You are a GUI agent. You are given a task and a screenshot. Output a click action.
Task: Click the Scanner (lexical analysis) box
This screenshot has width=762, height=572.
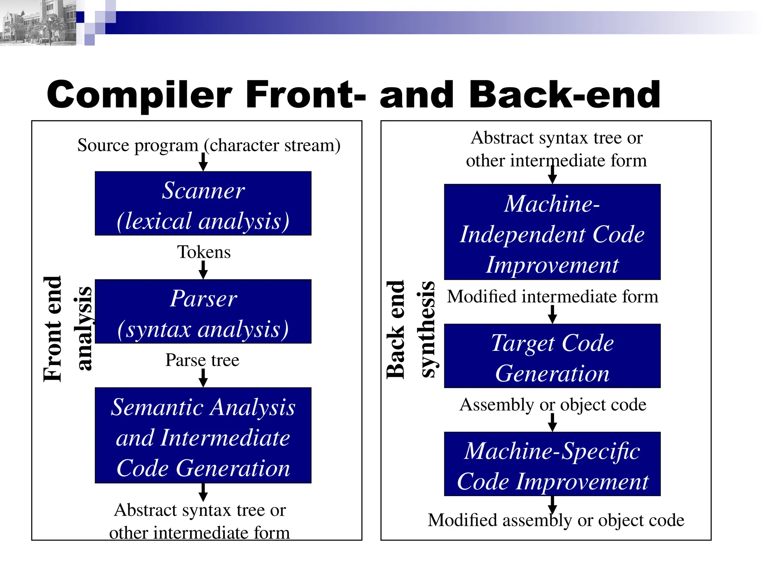click(203, 204)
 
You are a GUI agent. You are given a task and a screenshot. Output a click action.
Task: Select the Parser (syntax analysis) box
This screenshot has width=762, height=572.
click(203, 312)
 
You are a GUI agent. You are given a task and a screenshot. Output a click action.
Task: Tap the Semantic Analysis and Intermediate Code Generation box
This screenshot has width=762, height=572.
click(203, 435)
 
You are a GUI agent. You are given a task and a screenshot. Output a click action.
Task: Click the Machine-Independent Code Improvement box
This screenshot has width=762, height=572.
click(552, 232)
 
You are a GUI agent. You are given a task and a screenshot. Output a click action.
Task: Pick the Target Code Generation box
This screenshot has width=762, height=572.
click(552, 356)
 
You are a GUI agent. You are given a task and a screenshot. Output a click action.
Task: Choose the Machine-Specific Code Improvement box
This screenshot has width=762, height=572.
click(552, 464)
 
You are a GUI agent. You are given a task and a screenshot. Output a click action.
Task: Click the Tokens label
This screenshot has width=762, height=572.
click(204, 252)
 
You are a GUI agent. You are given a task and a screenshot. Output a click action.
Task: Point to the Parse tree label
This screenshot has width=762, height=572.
click(202, 360)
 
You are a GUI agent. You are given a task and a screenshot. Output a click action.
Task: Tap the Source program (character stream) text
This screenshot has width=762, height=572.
click(209, 145)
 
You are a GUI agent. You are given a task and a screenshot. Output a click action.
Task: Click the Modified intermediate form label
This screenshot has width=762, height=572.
click(553, 297)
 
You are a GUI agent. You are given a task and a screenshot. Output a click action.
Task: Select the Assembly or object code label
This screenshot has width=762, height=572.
click(553, 405)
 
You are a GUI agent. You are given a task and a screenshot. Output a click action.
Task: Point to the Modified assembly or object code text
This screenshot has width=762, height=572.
click(556, 520)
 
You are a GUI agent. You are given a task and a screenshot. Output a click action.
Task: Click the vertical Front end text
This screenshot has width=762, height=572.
click(52, 329)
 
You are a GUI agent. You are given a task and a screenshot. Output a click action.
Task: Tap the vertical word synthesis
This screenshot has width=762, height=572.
click(428, 329)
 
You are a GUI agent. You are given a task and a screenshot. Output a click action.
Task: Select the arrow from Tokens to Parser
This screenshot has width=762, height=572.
click(203, 270)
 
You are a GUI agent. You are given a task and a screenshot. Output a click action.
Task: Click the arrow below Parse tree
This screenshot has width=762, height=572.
click(203, 378)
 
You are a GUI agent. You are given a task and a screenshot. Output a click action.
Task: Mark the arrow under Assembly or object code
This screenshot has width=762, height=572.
click(553, 422)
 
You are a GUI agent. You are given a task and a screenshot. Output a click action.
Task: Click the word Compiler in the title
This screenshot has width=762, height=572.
click(140, 95)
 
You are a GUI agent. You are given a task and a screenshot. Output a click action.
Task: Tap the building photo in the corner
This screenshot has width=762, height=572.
click(37, 22)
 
